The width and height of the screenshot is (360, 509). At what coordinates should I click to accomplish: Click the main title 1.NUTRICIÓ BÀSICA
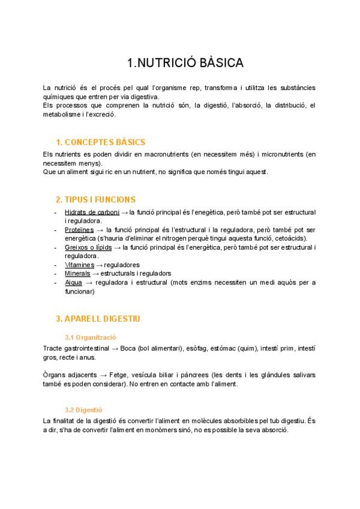point(185,63)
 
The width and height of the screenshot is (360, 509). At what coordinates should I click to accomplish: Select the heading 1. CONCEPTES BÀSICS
point(100,142)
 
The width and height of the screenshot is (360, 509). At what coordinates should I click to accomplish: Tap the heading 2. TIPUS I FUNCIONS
point(95,199)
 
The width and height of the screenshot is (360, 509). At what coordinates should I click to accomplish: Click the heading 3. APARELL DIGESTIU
point(98,318)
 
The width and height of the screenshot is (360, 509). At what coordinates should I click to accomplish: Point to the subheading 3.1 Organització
point(90,337)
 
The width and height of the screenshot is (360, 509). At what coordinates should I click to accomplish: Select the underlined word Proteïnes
point(79,230)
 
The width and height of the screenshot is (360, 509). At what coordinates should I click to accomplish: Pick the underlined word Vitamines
point(79,265)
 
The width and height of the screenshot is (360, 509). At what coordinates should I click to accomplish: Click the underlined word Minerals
point(77,274)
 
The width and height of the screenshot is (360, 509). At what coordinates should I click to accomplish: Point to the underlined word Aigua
point(73,283)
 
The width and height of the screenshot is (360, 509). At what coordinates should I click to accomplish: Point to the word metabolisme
point(63,114)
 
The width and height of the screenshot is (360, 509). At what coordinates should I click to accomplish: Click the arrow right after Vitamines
point(100,265)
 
